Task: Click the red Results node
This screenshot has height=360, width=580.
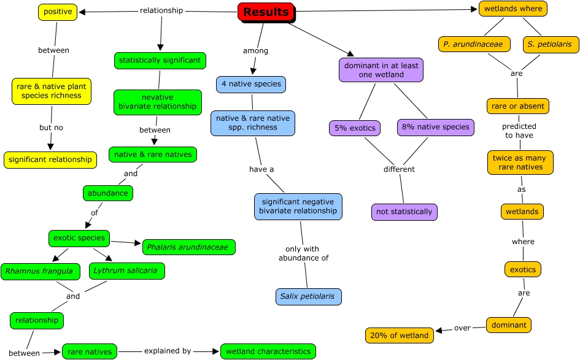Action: pos(266,12)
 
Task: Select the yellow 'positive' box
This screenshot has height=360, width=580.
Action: pos(58,12)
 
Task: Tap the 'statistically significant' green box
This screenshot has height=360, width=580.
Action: pos(160,60)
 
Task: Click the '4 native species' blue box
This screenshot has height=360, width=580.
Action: pos(251,84)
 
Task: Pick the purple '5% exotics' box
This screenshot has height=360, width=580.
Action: pos(355,128)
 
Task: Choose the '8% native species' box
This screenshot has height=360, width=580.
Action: pos(436,127)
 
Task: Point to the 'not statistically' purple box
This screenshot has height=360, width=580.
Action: pos(404,212)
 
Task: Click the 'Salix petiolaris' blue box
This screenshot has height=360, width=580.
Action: pos(308,296)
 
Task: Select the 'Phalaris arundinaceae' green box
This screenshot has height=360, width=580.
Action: pos(188,247)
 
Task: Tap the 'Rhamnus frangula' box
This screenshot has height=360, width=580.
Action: pos(40,271)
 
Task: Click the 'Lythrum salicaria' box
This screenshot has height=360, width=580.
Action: pos(127,270)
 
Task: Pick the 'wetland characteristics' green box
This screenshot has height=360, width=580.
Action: pos(268,351)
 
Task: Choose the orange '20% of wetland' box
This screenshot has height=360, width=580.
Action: pos(400,335)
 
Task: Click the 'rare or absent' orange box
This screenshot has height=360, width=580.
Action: pos(518,106)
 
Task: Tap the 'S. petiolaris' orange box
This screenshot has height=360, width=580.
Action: pos(551,44)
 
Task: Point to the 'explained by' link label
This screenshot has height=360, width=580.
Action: pos(168,351)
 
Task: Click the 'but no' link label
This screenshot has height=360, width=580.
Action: pos(52,128)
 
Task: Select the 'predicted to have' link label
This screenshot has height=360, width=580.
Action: pos(519,131)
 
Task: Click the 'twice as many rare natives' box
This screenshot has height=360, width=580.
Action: pos(520,163)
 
